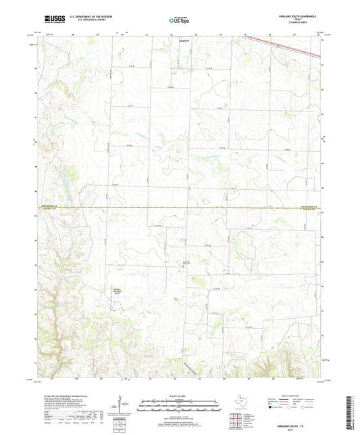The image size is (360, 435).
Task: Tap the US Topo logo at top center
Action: (x=178, y=22)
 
